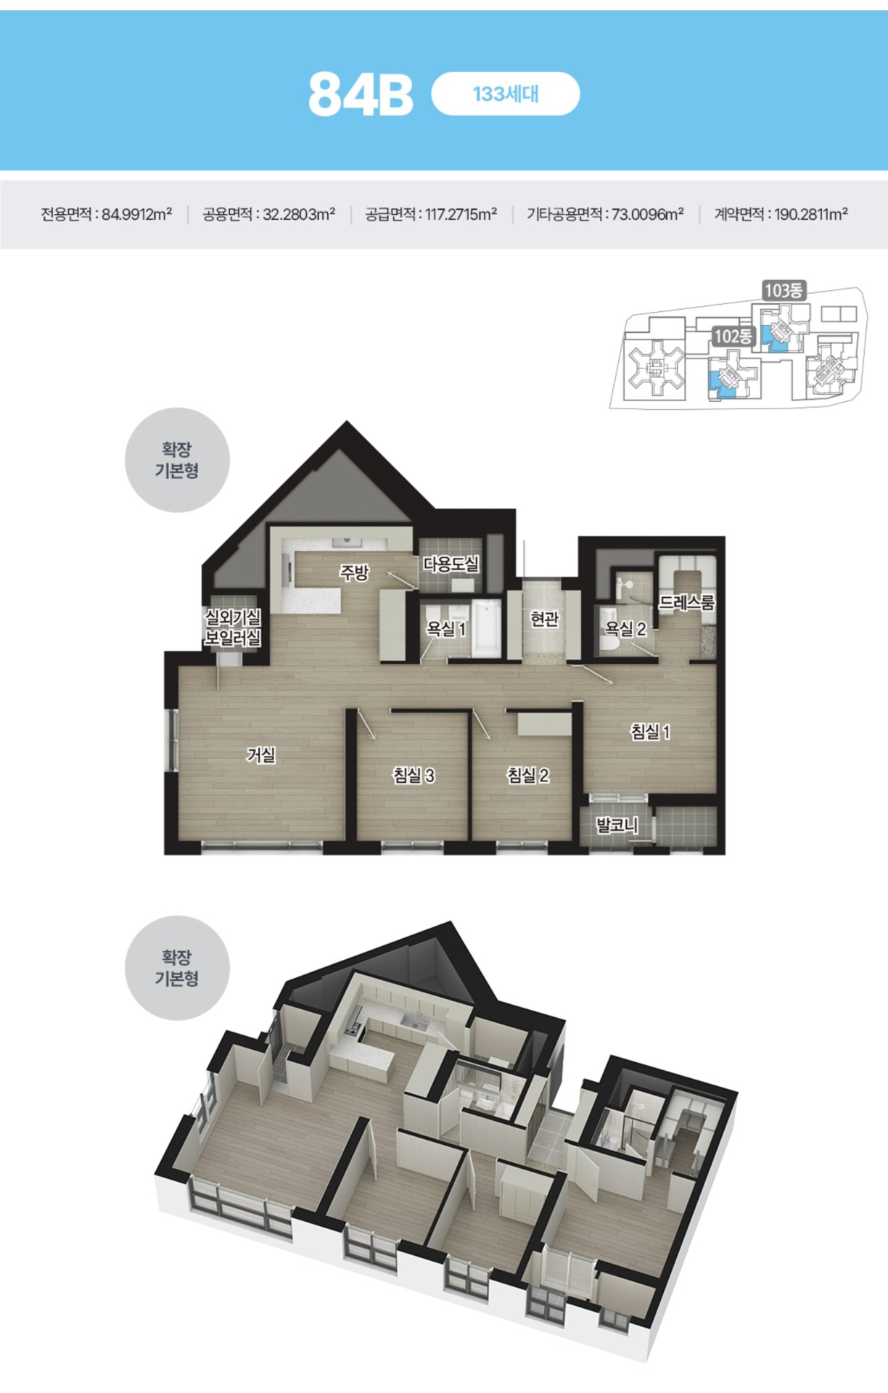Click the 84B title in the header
361,94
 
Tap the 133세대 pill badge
506,94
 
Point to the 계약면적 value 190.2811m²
811,214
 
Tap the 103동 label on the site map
784,290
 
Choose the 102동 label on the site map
733,336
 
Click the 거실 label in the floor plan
261,755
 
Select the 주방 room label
355,572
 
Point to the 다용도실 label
451,564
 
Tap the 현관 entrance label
545,618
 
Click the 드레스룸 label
687,602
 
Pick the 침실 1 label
650,731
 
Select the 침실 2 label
527,775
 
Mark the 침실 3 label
414,775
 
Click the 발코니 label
617,824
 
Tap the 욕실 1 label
446,628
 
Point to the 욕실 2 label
626,628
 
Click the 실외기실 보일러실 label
233,628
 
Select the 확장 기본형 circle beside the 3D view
177,968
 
